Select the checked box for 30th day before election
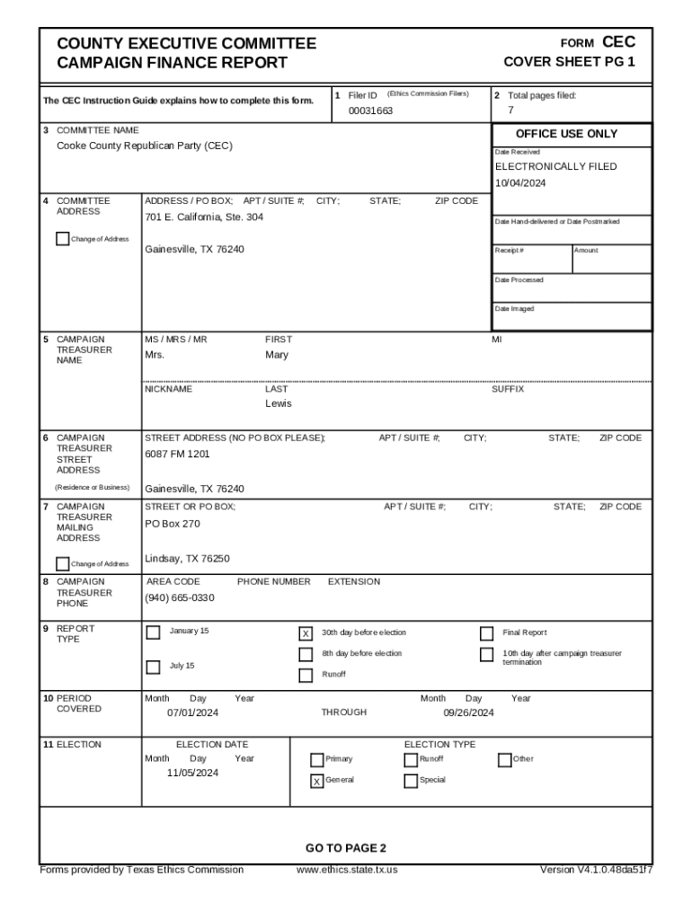coord(306,634)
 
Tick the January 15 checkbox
coord(154,632)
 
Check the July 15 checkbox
coord(154,667)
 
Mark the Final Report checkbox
coord(487,633)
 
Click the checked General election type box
coord(316,781)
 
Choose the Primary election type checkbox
coord(316,760)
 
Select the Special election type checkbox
coord(411,781)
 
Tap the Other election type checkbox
coord(504,760)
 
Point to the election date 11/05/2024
coord(192,773)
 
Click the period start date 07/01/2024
coord(192,712)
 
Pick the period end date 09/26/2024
coord(468,712)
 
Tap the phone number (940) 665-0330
coord(180,598)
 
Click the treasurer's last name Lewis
coord(278,403)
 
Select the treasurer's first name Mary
coord(277,355)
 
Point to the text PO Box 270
coord(173,524)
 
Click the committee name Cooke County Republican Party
coord(145,146)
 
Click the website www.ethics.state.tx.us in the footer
coord(347,870)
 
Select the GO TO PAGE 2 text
coord(345,848)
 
